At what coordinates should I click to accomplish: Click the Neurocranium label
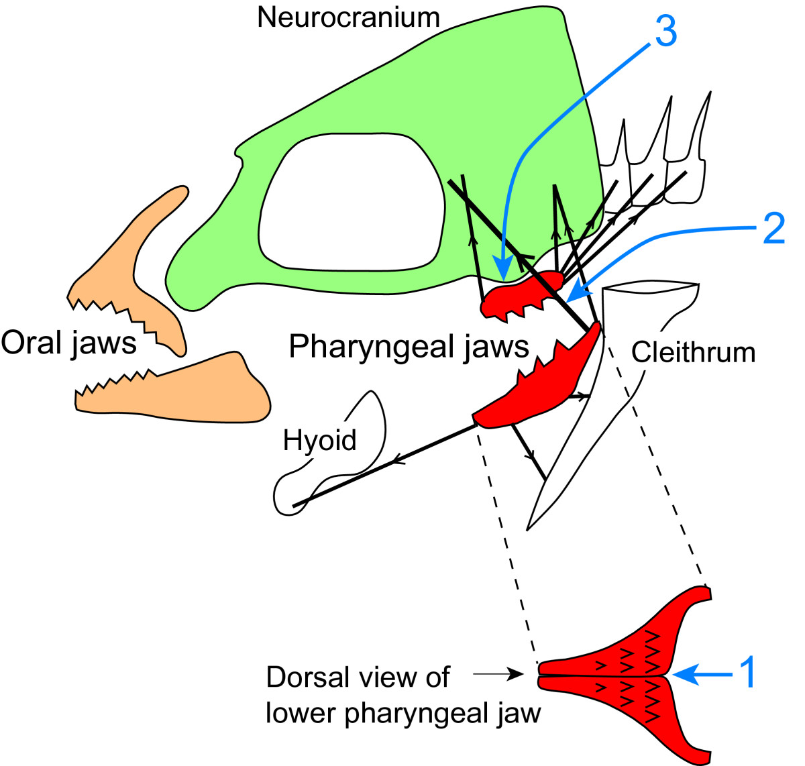pos(348,17)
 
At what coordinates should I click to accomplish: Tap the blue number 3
pos(665,32)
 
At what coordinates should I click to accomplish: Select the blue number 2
pos(773,229)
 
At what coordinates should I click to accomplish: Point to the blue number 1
pos(747,672)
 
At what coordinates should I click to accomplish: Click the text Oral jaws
pos(69,343)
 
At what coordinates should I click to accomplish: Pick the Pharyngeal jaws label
pos(409,347)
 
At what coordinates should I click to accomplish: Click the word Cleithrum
pos(693,352)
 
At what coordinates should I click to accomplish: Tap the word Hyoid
pos(319,441)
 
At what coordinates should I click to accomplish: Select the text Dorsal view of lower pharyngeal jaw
pos(402,695)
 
